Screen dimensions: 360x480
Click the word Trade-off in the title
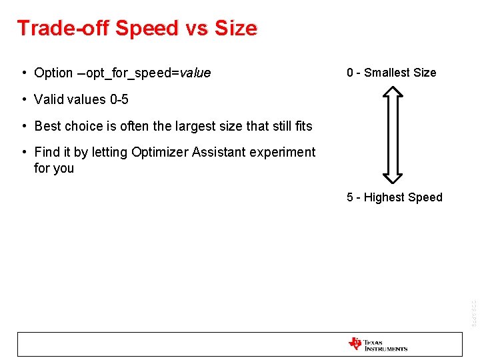point(63,28)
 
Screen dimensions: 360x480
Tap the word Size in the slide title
point(235,28)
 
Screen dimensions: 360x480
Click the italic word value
point(195,73)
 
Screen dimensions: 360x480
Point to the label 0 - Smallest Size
point(391,73)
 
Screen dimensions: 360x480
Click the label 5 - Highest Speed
point(394,197)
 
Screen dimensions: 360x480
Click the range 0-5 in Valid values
point(119,99)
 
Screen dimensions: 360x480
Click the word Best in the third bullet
point(47,126)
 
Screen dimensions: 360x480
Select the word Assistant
point(218,152)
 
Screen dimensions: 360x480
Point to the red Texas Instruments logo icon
point(355,344)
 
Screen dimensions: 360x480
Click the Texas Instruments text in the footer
point(386,345)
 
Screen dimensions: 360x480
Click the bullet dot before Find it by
point(23,153)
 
